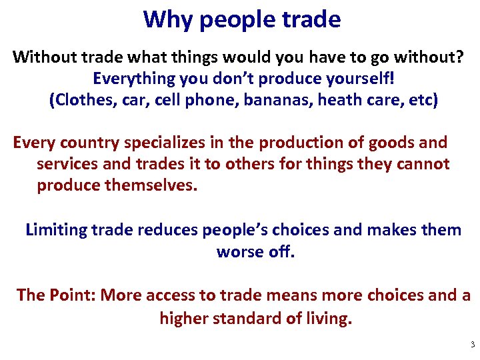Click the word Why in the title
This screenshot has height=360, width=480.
click(165, 19)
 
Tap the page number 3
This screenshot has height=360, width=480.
click(473, 345)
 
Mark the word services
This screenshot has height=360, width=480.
click(68, 163)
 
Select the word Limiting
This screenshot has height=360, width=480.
click(56, 230)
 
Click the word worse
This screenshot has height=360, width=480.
click(237, 252)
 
